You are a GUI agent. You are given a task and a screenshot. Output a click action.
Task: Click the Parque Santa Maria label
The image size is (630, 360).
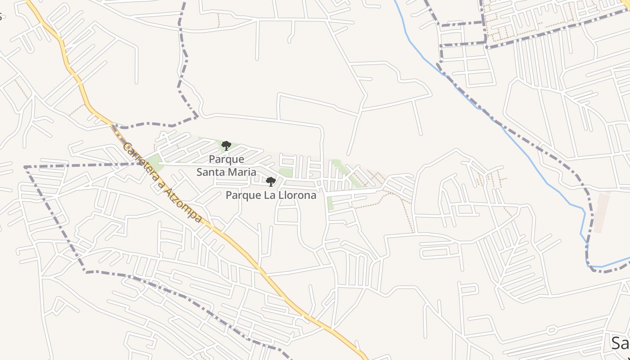coord(226,166)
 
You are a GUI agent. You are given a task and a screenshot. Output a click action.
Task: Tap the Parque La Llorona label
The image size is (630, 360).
coord(271,195)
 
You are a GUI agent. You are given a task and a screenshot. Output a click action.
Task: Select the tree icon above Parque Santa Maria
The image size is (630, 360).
coord(226,145)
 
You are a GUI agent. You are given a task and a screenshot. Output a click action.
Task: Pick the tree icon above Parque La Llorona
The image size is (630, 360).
coord(271,182)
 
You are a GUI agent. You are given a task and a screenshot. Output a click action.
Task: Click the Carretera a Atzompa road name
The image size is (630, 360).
coord(162,182)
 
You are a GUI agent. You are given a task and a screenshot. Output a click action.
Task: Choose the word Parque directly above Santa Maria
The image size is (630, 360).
coord(226,159)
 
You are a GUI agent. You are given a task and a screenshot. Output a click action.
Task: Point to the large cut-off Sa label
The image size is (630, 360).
coord(620,343)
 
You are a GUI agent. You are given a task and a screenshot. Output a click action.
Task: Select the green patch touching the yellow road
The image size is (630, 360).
coord(155,162)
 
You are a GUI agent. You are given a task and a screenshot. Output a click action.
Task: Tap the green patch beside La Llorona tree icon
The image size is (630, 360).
coord(285,173)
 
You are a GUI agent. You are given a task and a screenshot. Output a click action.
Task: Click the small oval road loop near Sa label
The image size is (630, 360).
coord(551,330)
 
